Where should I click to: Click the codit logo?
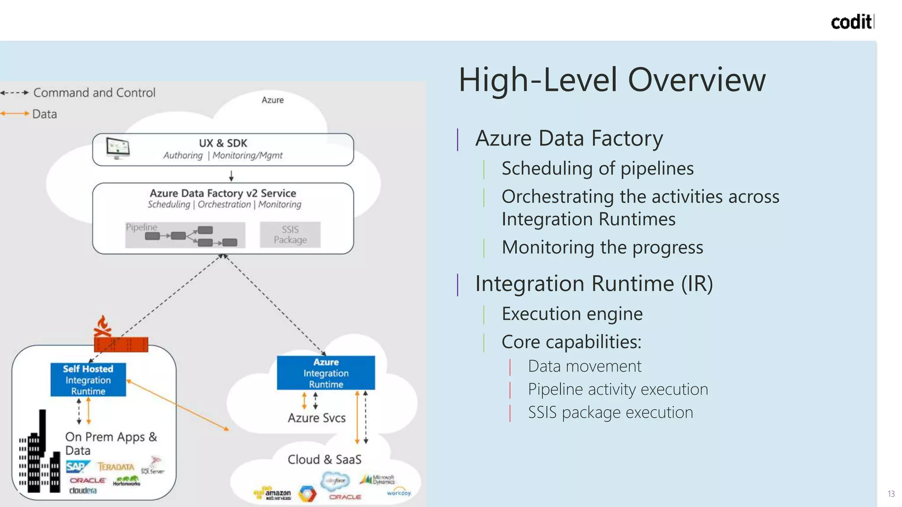coord(852,22)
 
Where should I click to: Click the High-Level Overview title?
coord(612,80)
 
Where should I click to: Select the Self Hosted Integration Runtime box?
coord(88,379)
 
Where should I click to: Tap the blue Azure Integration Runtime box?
coord(326,373)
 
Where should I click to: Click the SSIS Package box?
coord(290,235)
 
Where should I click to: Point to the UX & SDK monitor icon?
coord(118,148)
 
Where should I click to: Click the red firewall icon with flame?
coord(120,337)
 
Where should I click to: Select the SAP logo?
coord(77,467)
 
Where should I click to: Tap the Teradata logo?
coord(116,467)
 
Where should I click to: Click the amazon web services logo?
coord(273,494)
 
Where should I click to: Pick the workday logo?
coord(399,492)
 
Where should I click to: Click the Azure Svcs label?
coord(317,418)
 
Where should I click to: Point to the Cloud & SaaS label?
coord(325,459)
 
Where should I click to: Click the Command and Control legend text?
coord(94,93)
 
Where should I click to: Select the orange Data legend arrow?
coord(15,114)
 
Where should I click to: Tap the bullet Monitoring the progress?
coord(602,247)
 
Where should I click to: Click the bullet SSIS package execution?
coord(610,412)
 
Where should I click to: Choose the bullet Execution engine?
coord(572,314)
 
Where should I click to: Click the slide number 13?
coord(891,494)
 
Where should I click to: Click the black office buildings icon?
coord(40,458)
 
